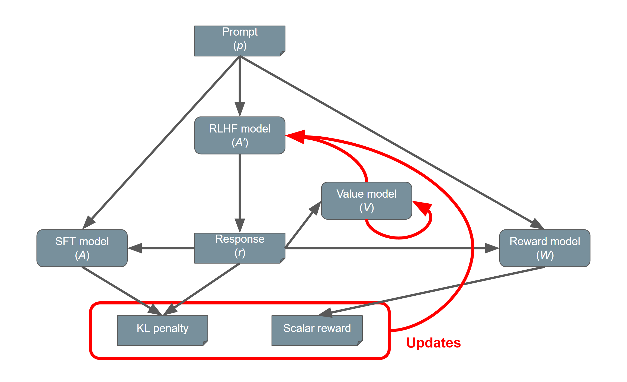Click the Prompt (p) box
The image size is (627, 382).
(x=240, y=41)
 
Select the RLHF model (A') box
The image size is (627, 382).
(x=240, y=135)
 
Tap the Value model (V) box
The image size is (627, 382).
(x=366, y=201)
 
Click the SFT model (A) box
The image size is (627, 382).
(x=82, y=248)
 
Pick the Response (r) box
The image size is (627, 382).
(x=240, y=248)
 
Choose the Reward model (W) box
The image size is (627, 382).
(x=545, y=248)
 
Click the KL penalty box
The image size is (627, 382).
(x=162, y=330)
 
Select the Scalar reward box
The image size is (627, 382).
(x=317, y=330)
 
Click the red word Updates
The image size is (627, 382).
(x=433, y=343)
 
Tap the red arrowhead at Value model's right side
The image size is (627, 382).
(x=422, y=207)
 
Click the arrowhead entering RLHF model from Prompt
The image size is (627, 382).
(x=240, y=109)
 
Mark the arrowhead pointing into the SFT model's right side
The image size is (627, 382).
(x=135, y=248)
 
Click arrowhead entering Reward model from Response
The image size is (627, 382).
(x=491, y=248)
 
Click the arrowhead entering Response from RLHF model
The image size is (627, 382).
(x=240, y=225)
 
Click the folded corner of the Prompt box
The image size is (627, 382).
(x=282, y=53)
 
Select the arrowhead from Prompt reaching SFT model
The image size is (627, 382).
(x=89, y=222)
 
